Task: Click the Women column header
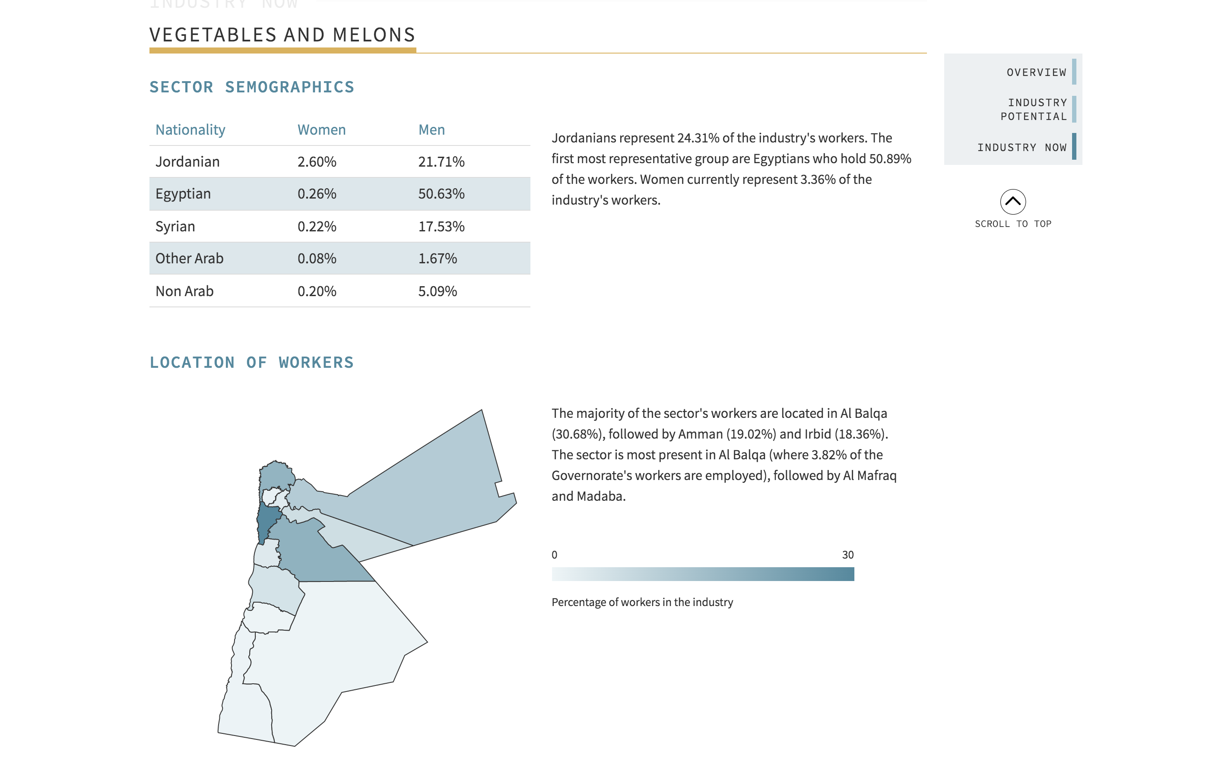(321, 130)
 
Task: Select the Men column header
(432, 130)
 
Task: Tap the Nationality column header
(190, 130)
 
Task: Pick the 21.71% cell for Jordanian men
(441, 162)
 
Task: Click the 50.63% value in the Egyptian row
(441, 194)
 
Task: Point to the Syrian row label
(175, 226)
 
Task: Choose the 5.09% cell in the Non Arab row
(438, 291)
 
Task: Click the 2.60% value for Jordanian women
(317, 162)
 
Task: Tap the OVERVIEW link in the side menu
(1036, 73)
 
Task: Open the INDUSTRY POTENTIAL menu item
(1033, 110)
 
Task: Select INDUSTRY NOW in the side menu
(1022, 147)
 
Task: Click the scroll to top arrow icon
(1012, 202)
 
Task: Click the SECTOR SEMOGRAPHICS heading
(251, 87)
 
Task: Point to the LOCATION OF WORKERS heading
(251, 362)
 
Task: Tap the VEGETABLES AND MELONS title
(282, 35)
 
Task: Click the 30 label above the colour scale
(847, 555)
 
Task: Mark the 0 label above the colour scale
(554, 555)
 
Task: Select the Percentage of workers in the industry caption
(642, 602)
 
